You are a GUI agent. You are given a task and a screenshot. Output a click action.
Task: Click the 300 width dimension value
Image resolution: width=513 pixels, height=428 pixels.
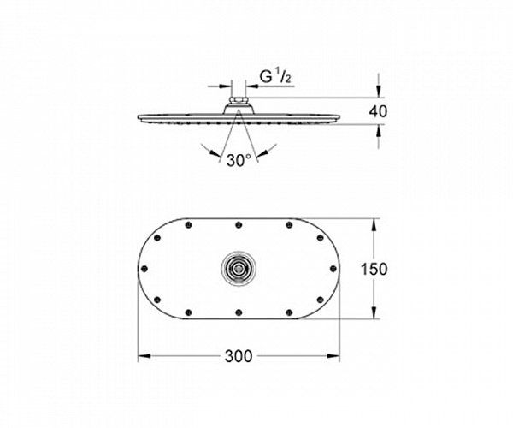tap(239, 356)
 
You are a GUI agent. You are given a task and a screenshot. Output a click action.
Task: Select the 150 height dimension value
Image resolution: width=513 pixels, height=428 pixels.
tap(374, 269)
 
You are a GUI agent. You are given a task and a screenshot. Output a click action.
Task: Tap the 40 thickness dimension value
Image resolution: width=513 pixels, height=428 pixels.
tap(378, 111)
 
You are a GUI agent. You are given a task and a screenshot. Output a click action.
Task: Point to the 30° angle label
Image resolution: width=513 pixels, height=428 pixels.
tap(239, 160)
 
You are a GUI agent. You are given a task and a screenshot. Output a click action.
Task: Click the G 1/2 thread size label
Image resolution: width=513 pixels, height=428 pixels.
tap(275, 77)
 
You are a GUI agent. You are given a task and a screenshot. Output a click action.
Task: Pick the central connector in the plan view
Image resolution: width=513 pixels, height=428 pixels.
tap(239, 269)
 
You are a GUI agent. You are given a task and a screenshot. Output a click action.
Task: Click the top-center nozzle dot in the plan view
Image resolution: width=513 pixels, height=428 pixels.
tap(239, 224)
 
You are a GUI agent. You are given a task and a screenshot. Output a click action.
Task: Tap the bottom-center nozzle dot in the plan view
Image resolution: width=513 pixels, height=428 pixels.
tap(239, 312)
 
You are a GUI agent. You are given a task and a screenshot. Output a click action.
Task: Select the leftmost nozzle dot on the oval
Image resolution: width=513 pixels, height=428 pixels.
tap(144, 269)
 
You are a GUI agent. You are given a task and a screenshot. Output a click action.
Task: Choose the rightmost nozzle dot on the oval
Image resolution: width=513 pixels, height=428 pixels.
tap(333, 269)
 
